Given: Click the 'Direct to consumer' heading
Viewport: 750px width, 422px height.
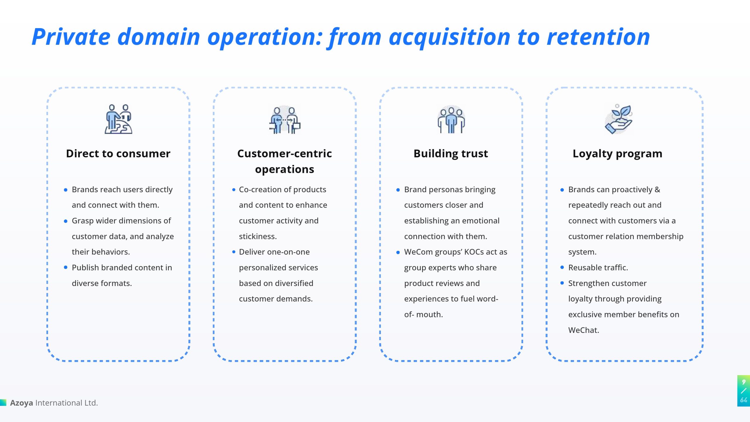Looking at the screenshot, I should coord(118,154).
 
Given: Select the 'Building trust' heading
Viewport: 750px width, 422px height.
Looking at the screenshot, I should coord(451,154).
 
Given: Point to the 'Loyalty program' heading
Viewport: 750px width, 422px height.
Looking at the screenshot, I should coord(617,154).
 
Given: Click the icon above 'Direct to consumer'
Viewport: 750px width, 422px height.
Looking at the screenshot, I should coord(118,119).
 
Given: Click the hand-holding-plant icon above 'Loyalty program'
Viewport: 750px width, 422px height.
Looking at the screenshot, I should coord(618,119).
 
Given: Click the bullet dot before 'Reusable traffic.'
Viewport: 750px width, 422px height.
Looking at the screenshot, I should coord(562,267).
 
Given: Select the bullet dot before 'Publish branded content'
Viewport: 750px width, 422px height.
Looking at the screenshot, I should coord(66,267).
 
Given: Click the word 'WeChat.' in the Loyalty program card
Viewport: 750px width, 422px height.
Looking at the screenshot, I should coord(584,330).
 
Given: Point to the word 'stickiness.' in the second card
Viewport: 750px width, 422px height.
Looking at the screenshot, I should coord(258,236).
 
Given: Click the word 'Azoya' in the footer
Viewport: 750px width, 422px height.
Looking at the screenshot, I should coord(21,403).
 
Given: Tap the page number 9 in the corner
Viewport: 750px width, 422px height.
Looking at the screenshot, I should coord(744,382).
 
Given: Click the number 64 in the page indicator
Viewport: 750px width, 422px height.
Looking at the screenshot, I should coord(744,400).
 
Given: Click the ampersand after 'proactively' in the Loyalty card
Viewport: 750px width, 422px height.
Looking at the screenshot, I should coord(657,190).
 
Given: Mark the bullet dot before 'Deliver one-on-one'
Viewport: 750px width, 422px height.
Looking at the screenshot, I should coord(233,252).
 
